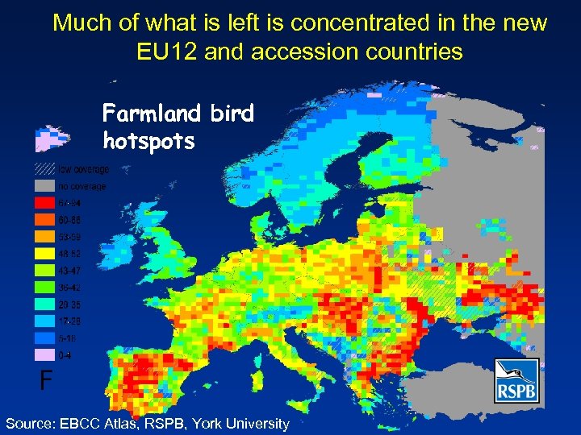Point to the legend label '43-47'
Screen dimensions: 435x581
pos(69,271)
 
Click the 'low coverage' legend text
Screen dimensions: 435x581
pos(82,169)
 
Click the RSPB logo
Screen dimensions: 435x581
pos(516,381)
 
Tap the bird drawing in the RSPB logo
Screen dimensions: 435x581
pos(516,373)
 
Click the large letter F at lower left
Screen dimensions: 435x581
pos(47,379)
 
